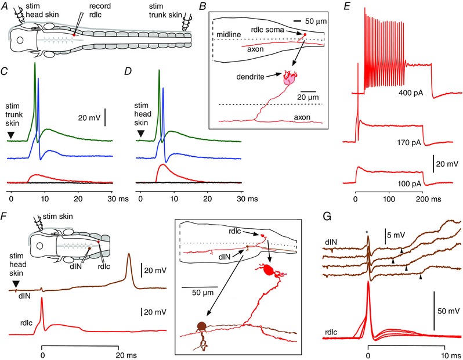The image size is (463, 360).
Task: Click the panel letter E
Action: [346, 7]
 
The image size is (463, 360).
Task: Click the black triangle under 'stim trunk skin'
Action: [10, 135]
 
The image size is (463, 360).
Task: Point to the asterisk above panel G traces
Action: [367, 233]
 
